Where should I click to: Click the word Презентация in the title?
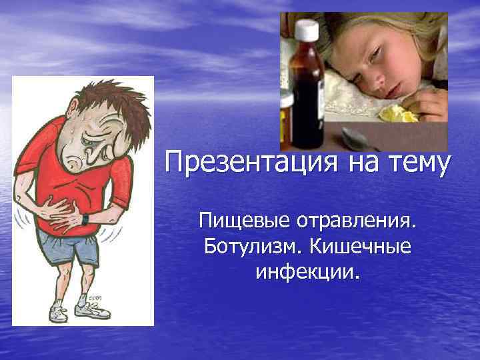[249, 163]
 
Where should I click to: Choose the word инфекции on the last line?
[306, 271]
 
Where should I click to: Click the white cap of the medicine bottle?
[307, 29]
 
